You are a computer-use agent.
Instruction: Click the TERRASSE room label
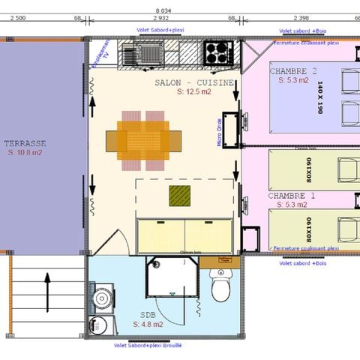[25, 142]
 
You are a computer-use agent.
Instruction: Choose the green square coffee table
[180, 196]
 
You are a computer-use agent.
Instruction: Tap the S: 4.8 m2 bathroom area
[146, 325]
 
